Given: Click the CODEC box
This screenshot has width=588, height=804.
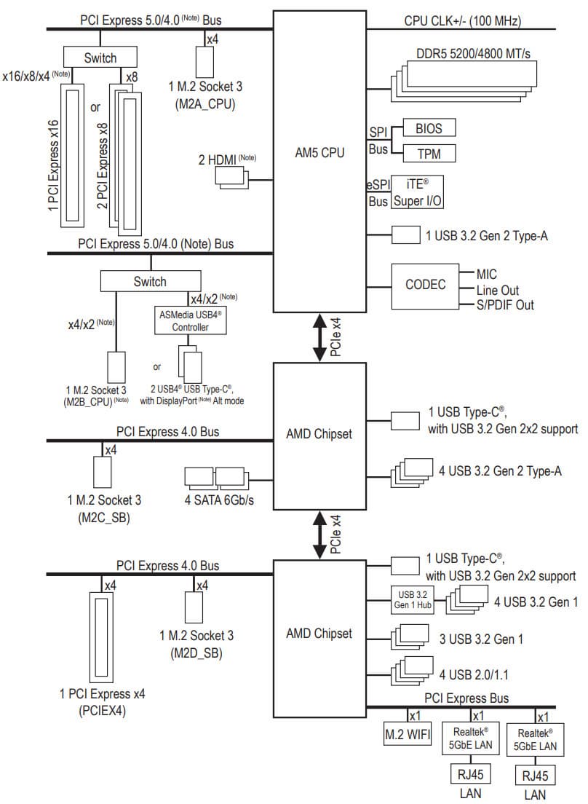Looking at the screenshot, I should click(x=425, y=284).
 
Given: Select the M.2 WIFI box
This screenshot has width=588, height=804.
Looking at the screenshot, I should click(x=408, y=736).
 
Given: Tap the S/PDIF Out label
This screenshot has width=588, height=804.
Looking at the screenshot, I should click(x=505, y=305).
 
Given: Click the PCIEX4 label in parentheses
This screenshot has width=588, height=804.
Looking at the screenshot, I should click(x=101, y=711).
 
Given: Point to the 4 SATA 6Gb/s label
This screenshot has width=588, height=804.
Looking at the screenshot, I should click(x=219, y=502).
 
